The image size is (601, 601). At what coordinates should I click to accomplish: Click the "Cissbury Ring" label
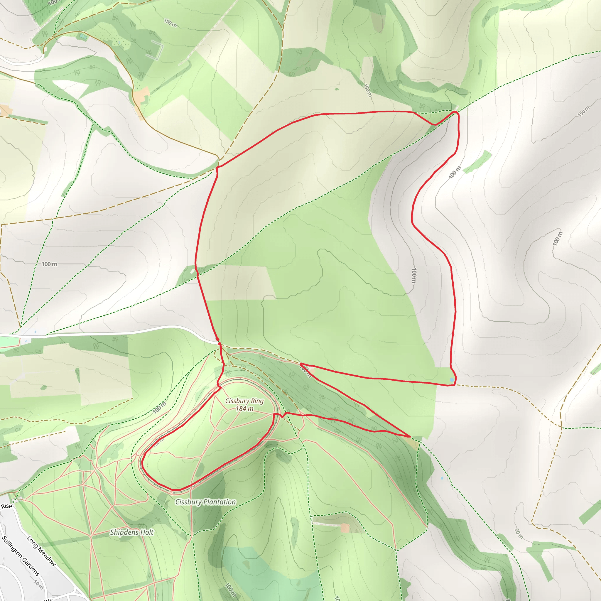[x=244, y=401]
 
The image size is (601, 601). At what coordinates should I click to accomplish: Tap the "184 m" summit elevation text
[x=244, y=408]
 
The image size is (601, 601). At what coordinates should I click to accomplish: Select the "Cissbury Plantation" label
[x=205, y=502]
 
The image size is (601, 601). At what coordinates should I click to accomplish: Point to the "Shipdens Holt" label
[x=131, y=532]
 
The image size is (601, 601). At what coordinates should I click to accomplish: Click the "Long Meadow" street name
[x=41, y=551]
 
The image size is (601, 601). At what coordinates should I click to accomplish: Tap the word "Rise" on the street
[x=6, y=506]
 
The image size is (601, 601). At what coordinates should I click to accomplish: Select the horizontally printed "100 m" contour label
[x=50, y=264]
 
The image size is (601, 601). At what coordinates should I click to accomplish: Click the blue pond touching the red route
[x=451, y=379]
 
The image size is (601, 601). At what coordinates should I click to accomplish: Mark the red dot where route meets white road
[x=218, y=340]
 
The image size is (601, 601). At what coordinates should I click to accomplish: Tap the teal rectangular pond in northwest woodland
[x=83, y=37]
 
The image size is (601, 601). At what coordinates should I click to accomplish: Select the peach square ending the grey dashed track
[x=345, y=528]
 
